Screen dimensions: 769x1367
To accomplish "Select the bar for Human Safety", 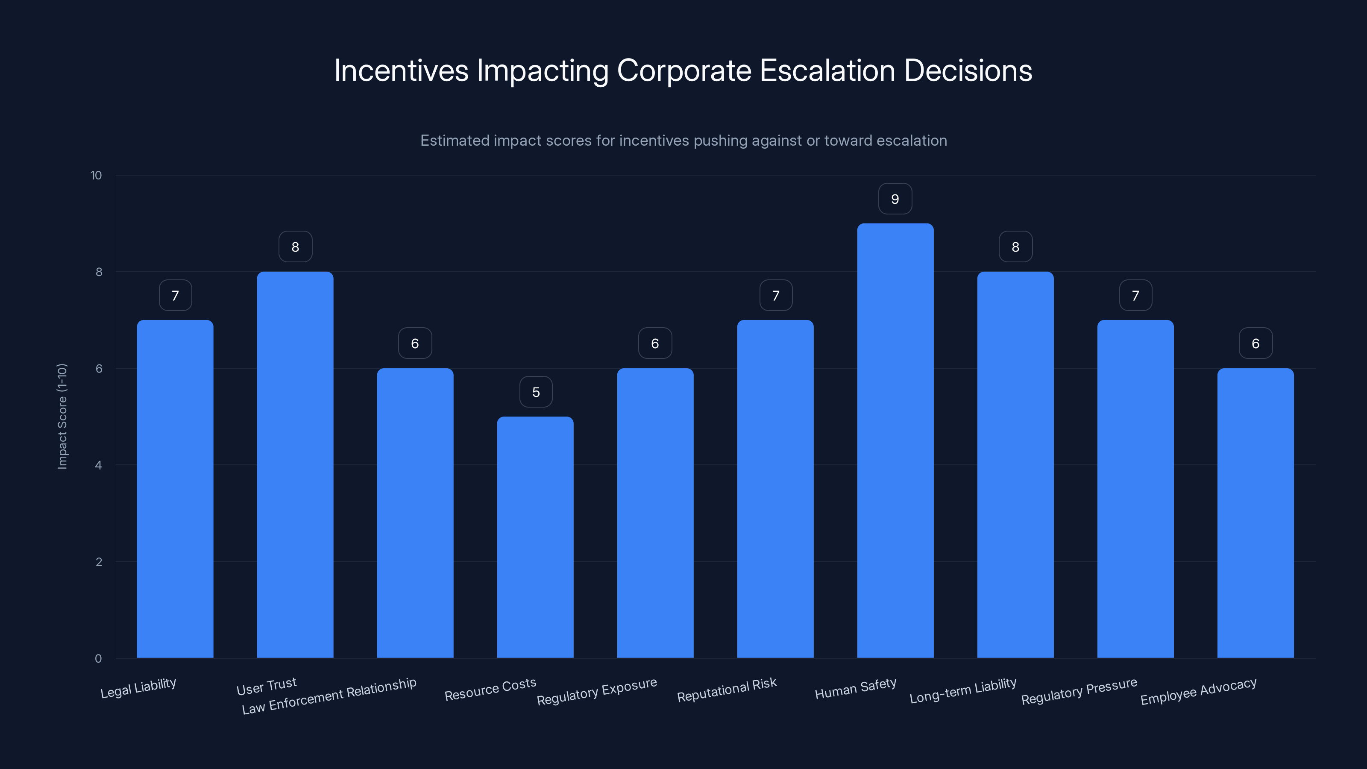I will click(x=895, y=440).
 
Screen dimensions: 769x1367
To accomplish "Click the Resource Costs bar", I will click(x=535, y=537).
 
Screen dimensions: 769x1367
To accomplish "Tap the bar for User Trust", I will click(x=295, y=464).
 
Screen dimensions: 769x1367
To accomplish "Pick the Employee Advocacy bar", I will click(x=1255, y=513).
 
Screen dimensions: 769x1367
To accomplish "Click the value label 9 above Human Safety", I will click(x=895, y=199).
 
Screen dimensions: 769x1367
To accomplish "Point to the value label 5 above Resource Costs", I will click(x=536, y=392).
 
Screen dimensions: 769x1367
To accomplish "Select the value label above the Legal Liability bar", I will click(x=175, y=296).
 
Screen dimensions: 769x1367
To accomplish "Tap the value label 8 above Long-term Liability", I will click(x=1015, y=247).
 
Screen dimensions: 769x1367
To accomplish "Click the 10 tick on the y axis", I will click(x=96, y=175).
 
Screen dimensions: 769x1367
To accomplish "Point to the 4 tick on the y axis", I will click(x=98, y=465).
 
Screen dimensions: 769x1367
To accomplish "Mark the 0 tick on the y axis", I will click(x=98, y=659).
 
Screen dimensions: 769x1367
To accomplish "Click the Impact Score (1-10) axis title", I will click(x=62, y=416).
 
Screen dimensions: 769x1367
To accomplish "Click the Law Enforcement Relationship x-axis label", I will click(x=329, y=696).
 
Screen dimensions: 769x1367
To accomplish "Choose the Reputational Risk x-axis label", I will click(x=727, y=690).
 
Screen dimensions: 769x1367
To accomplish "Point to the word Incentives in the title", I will click(x=401, y=70).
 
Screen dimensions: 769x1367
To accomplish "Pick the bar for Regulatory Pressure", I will click(x=1135, y=489).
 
